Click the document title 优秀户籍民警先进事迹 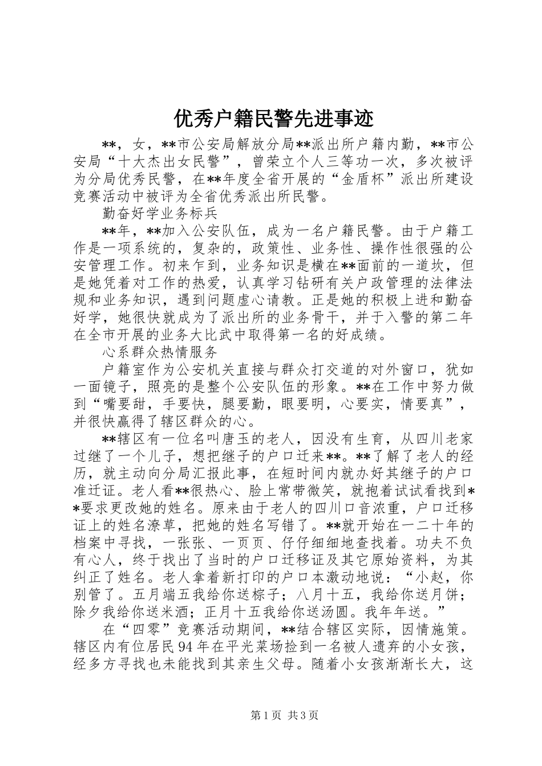coord(273,119)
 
